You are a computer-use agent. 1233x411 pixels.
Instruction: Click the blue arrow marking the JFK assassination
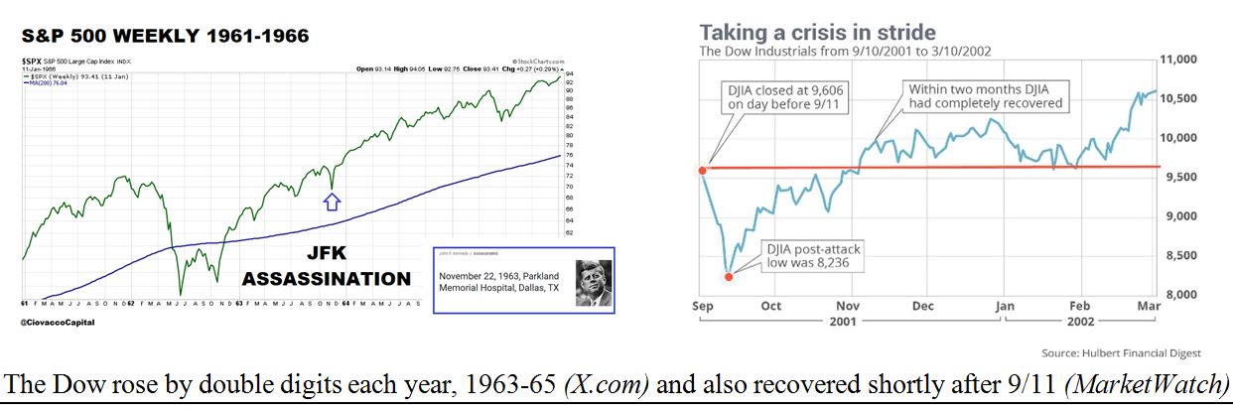[x=333, y=202]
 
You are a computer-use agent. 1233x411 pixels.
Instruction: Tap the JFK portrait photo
[x=594, y=281]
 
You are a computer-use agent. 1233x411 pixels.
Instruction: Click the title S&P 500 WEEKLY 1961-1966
[x=166, y=37]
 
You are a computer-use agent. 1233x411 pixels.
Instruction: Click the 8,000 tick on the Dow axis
[x=1179, y=295]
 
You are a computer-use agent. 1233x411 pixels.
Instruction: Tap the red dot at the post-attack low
[x=730, y=277]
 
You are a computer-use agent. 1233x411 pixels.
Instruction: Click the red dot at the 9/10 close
[x=703, y=170]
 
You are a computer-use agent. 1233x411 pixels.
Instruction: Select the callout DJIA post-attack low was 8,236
[x=810, y=255]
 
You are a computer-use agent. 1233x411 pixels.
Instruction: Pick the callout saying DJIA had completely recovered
[x=986, y=96]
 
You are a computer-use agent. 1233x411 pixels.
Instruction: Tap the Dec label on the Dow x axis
[x=923, y=307]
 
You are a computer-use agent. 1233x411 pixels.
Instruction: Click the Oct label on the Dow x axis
[x=771, y=307]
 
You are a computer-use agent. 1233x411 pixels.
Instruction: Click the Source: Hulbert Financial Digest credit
[x=1121, y=353]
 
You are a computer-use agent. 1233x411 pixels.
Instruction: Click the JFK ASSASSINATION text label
[x=327, y=266]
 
